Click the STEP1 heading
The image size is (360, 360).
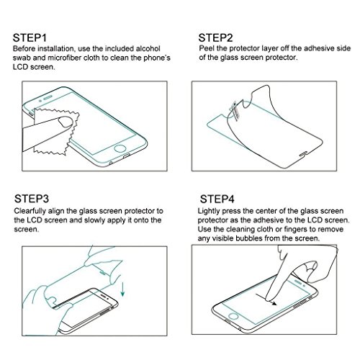[30, 38]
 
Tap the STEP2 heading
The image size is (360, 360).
[215, 38]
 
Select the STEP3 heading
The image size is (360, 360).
[32, 199]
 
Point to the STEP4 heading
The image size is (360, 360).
[217, 199]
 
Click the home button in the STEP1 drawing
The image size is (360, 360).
[120, 148]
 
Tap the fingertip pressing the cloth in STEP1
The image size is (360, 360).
[66, 122]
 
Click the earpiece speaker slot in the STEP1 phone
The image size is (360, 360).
[48, 98]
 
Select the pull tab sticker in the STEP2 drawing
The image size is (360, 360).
[235, 110]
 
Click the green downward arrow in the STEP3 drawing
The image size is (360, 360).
[122, 289]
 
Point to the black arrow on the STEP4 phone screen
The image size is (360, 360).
[266, 300]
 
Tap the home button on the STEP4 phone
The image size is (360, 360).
[233, 316]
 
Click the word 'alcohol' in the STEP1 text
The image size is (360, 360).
[148, 49]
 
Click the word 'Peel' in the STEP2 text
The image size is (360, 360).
[207, 48]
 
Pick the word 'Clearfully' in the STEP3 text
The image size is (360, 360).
[30, 211]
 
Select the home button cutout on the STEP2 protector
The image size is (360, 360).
[304, 153]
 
